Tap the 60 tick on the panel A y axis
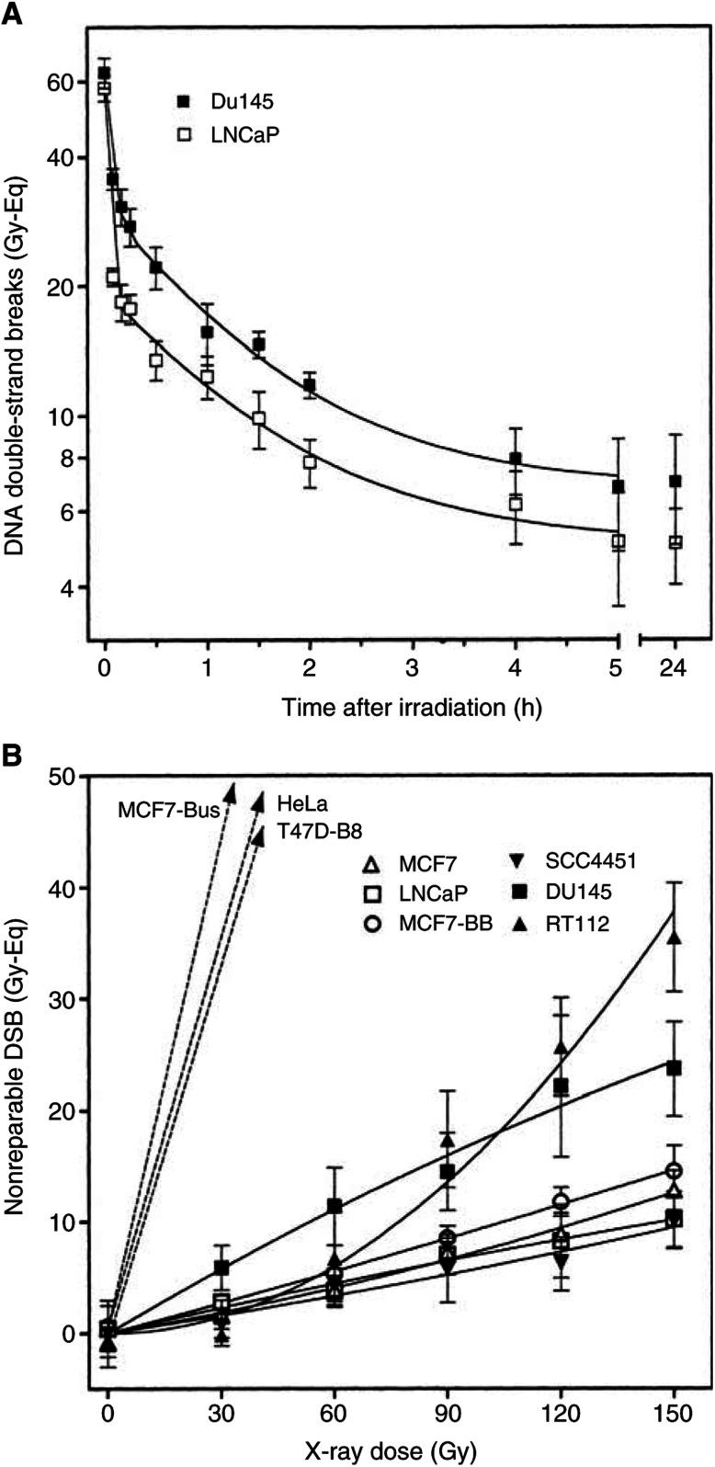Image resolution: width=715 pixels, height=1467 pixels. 62,83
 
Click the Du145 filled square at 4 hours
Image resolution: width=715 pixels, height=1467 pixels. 516,459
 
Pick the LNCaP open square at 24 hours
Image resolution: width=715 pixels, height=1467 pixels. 675,542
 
